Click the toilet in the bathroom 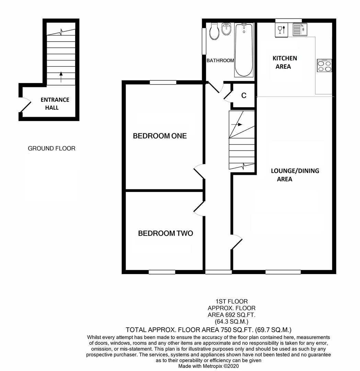(x=214, y=31)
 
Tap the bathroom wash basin (x=227, y=30)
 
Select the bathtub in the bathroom (x=244, y=50)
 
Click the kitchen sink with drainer (x=300, y=30)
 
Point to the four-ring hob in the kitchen (x=324, y=65)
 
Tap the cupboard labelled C (x=244, y=95)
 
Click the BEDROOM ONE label (x=160, y=136)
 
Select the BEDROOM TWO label (x=165, y=234)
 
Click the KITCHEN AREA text (x=284, y=62)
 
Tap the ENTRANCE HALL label (x=55, y=103)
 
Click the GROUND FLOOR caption (x=51, y=148)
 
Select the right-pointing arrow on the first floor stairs (x=237, y=124)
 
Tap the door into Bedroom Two (x=199, y=209)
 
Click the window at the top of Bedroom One (x=163, y=82)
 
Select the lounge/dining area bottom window (x=283, y=272)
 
